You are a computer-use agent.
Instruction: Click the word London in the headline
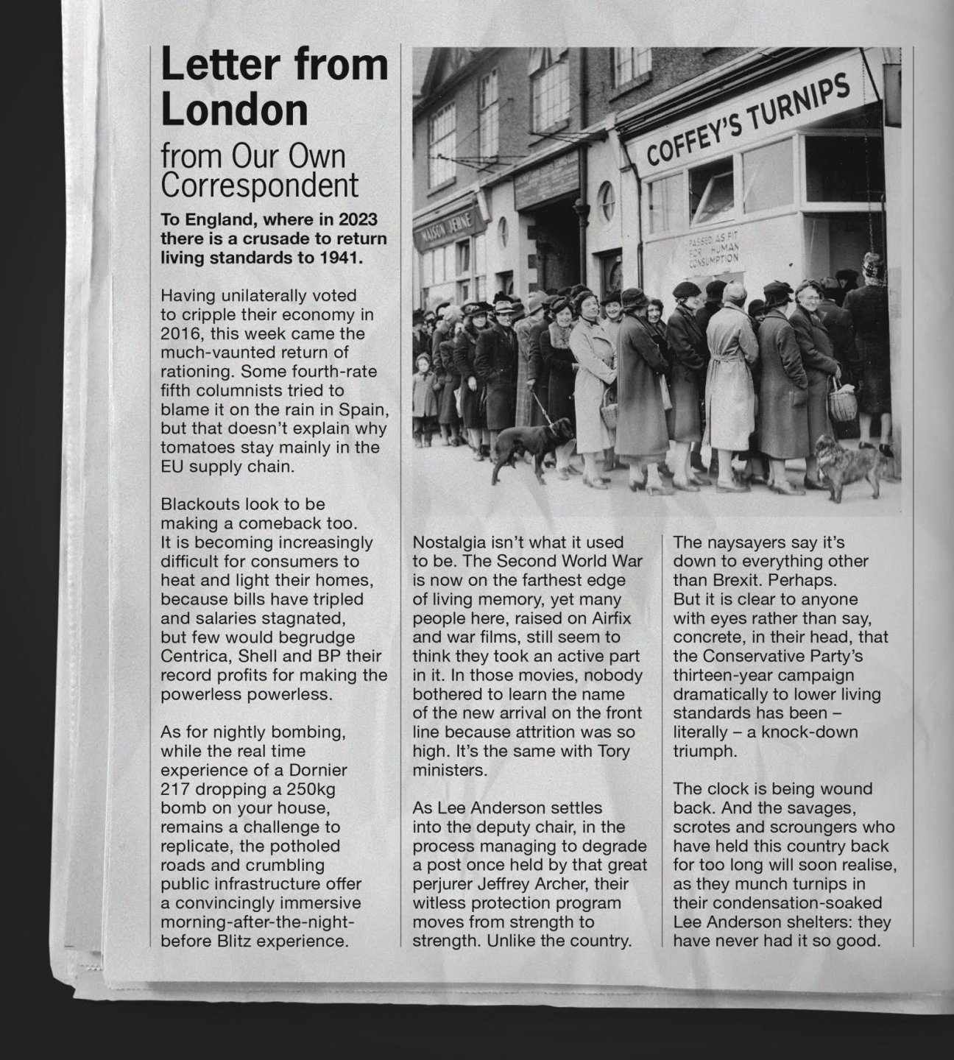pyautogui.click(x=234, y=110)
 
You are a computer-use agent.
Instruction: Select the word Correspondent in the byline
pyautogui.click(x=260, y=185)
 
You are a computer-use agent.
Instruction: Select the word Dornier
pyautogui.click(x=313, y=770)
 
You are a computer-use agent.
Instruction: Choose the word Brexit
pyautogui.click(x=743, y=580)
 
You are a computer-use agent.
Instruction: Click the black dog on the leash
pyautogui.click(x=532, y=445)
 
